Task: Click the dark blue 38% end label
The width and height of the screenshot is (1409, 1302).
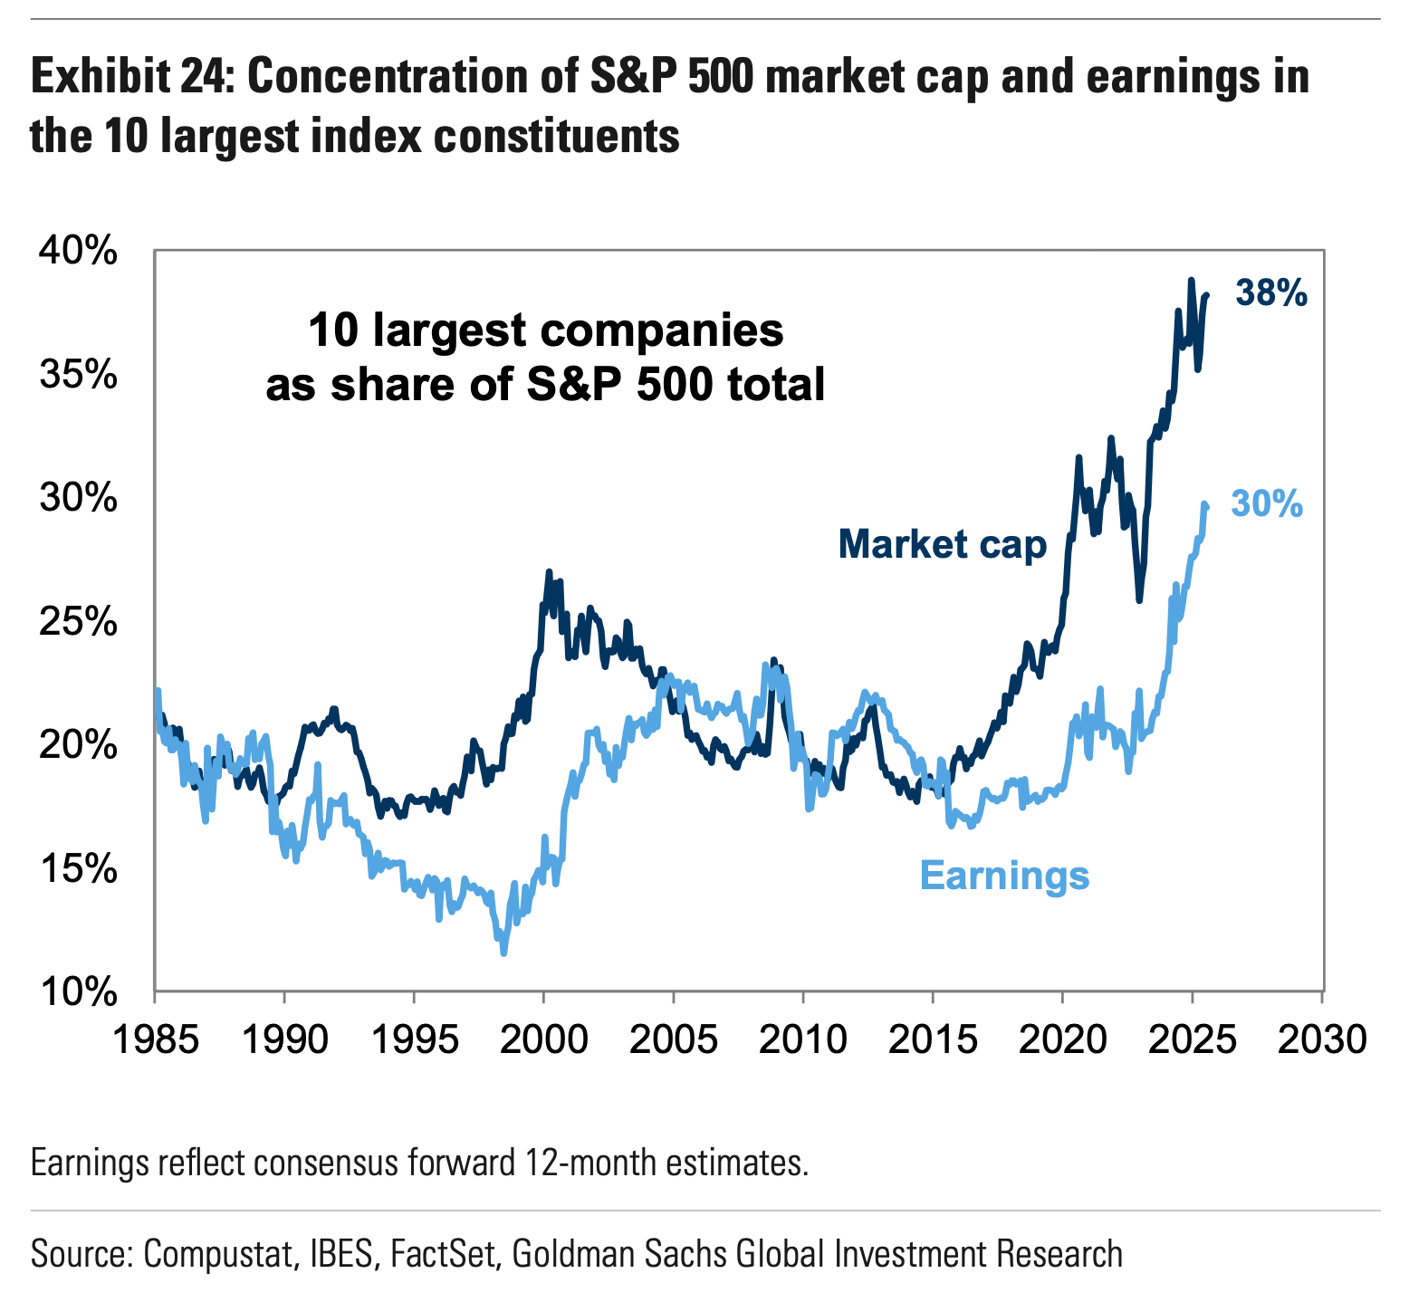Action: tap(1271, 293)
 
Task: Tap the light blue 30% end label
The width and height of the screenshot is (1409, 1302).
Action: tap(1267, 504)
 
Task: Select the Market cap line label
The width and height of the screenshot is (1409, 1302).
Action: tap(942, 544)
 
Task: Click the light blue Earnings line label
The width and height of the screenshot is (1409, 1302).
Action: tap(1004, 876)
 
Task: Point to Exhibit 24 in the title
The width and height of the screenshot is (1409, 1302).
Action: tap(132, 78)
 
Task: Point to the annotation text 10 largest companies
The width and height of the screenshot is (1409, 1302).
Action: tap(546, 330)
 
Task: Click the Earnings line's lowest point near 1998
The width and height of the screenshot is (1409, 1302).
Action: tap(503, 953)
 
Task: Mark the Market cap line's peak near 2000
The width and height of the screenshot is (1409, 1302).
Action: tap(549, 572)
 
